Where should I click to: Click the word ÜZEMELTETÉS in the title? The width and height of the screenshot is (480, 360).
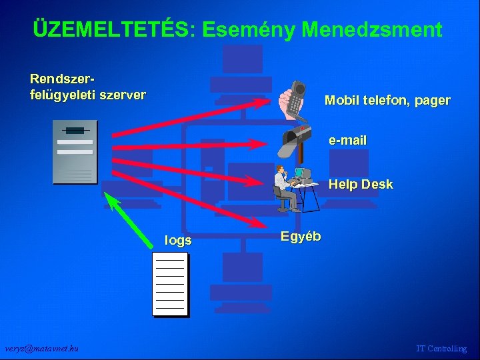111,29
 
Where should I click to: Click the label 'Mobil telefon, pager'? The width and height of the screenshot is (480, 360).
387,101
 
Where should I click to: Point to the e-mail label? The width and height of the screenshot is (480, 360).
347,141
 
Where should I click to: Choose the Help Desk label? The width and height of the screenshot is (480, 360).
361,184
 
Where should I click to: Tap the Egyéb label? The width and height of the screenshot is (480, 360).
301,236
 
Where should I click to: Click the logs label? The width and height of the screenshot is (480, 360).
178,241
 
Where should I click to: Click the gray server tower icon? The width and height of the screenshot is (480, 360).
75,152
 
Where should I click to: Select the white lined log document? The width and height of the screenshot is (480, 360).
169,283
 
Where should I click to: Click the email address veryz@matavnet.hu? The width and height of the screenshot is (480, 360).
41,349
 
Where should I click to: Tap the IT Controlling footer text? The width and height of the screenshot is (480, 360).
441,349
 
